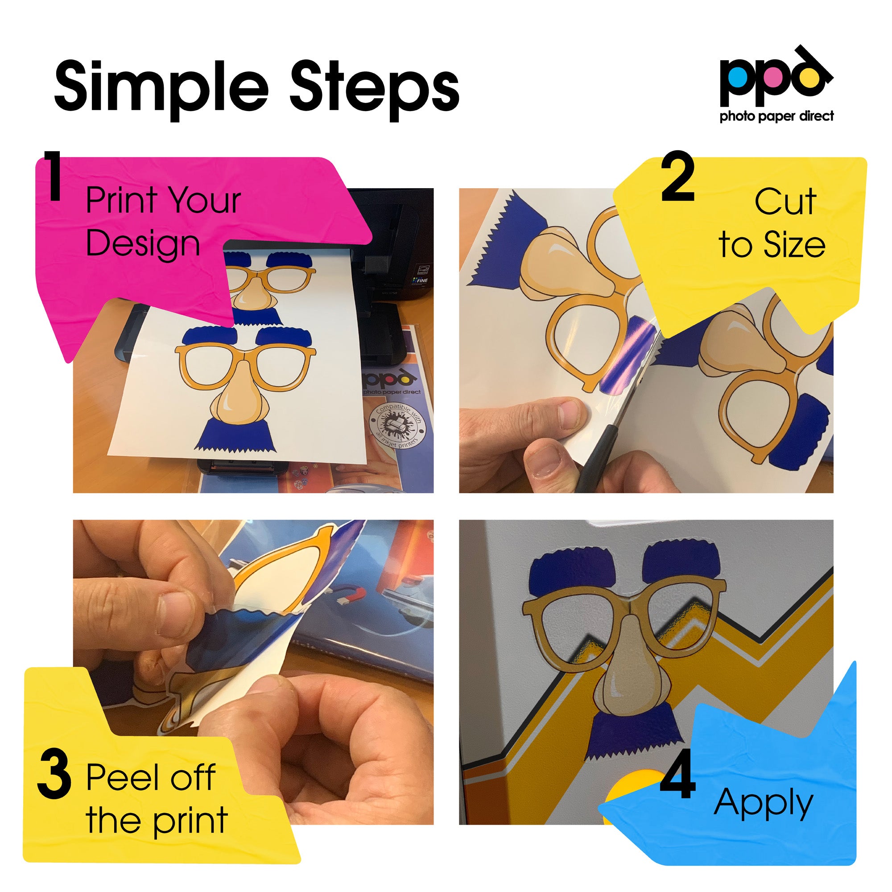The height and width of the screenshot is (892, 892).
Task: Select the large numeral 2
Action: tap(677, 177)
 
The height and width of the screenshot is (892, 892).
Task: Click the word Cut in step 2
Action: tap(785, 202)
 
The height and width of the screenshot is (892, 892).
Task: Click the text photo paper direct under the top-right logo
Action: tap(776, 116)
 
